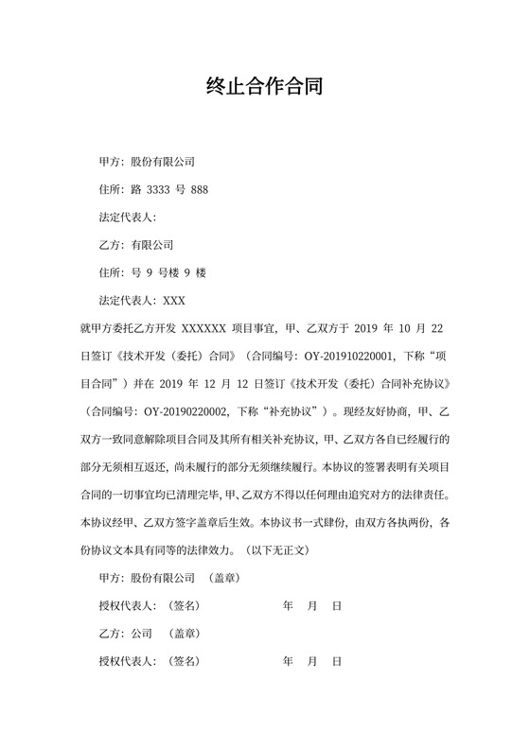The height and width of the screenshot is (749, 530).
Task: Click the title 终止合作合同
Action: click(x=265, y=88)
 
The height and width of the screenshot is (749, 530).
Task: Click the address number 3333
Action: click(x=157, y=190)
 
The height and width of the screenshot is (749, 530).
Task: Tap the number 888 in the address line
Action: click(x=199, y=190)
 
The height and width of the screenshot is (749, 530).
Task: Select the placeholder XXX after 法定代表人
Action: click(x=174, y=301)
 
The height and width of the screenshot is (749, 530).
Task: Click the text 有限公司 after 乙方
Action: click(x=152, y=245)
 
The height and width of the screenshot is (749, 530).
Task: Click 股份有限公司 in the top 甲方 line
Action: click(x=163, y=163)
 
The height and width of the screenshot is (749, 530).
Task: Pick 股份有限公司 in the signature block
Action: click(x=163, y=578)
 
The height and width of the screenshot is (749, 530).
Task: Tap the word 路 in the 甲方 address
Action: click(x=136, y=190)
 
